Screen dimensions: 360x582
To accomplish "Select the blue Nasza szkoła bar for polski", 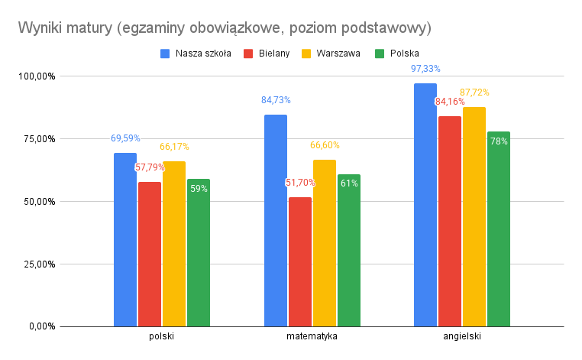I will pos(125,239).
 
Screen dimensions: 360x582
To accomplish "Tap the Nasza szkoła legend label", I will pos(203,54).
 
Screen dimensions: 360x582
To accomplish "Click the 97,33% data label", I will pos(425,69).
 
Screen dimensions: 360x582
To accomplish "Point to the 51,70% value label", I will pos(300,183).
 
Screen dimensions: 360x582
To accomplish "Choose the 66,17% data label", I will pos(175,147).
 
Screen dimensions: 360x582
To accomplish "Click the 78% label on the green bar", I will pos(499,141).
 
